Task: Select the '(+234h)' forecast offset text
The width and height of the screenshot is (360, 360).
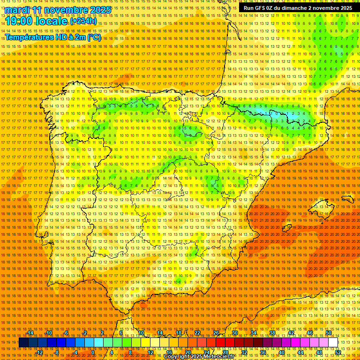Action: pos(83,21)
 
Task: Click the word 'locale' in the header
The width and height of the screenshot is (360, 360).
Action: pos(52,21)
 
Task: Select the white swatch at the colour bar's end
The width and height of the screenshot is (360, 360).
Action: pos(333,343)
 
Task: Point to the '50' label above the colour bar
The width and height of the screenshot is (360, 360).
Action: pos(329,333)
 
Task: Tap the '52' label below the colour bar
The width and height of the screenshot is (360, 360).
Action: pos(338,352)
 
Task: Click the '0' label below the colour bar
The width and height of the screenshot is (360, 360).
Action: pos(93,352)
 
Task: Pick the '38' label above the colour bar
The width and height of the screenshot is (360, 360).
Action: pos(272,333)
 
